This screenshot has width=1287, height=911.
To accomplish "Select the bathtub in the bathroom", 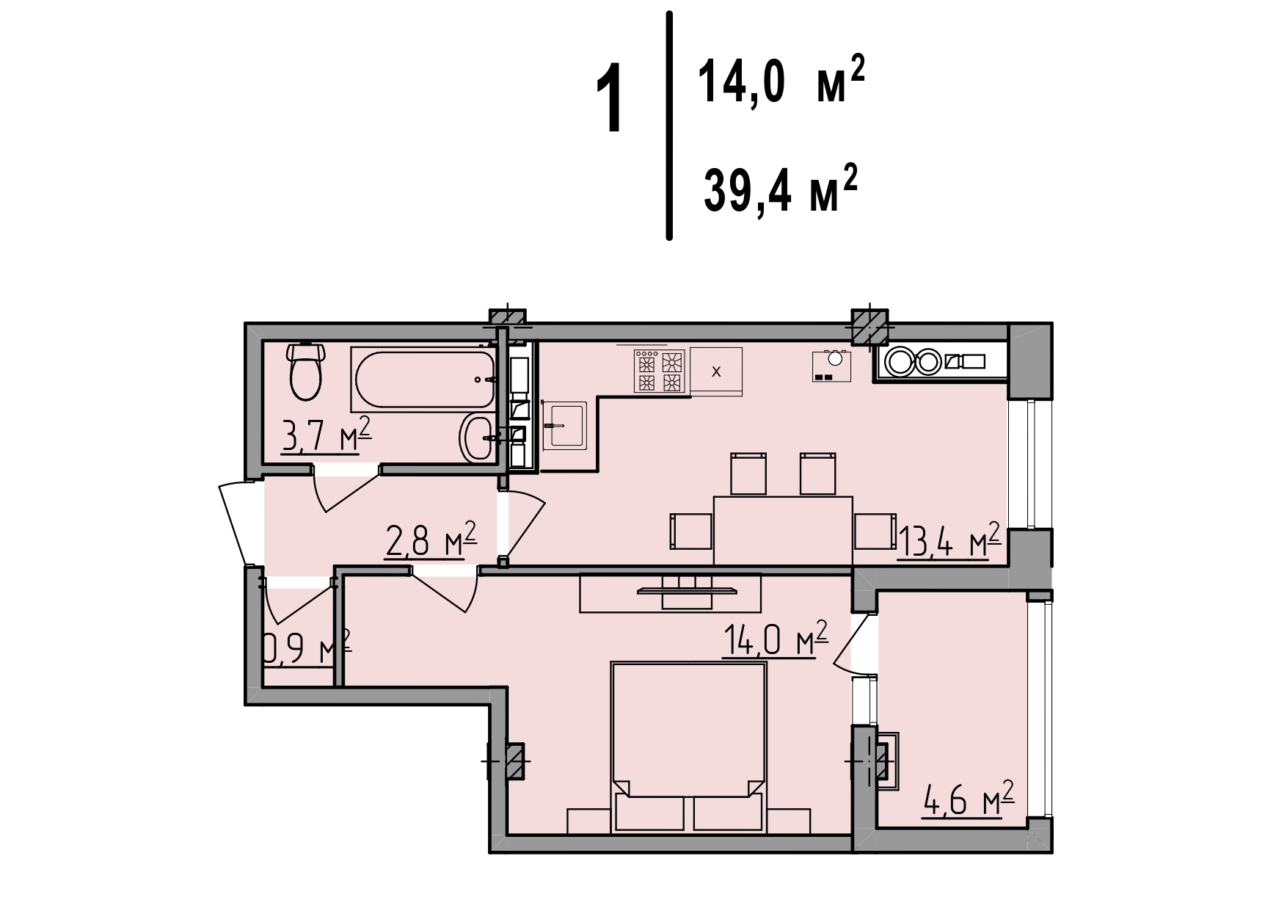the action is [425, 378].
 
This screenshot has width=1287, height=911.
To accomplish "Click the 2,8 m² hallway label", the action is [431, 543].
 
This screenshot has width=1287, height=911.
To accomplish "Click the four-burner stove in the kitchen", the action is [659, 371].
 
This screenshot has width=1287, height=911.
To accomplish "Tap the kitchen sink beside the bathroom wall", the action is [564, 425].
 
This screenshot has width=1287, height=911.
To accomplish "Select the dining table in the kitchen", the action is [783, 531].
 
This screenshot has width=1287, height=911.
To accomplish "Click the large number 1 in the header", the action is [610, 99].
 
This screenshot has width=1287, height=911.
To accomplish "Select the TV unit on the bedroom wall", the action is [671, 592].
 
